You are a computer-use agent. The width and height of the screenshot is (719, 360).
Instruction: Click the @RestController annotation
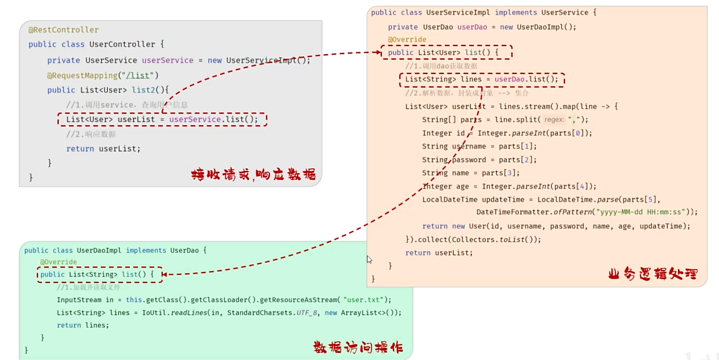point(63,30)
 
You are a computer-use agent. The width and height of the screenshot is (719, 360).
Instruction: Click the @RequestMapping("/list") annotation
point(102,75)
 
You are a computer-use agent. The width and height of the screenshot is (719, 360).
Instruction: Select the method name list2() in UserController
point(150,90)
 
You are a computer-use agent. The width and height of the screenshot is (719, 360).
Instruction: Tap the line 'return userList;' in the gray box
point(103,148)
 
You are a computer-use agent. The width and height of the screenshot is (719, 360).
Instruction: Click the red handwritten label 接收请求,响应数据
point(253,174)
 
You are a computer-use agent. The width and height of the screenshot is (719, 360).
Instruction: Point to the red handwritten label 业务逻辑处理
point(653,274)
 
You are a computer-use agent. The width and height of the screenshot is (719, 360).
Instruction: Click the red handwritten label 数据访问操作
point(358,347)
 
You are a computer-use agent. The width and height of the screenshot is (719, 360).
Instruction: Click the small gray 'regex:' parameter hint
point(554,120)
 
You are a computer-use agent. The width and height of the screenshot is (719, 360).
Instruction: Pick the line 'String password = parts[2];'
point(479,159)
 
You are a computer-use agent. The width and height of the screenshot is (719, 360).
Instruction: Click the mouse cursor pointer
point(369,259)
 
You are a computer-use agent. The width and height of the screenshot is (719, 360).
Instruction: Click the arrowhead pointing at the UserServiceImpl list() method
point(379,52)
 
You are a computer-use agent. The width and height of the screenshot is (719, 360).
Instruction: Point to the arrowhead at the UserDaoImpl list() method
point(164,274)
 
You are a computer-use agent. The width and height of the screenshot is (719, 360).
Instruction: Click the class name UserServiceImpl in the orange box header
point(458,13)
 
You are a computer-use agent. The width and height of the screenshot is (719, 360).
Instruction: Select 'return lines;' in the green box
point(83,325)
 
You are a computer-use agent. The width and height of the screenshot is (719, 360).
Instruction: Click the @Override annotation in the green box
point(58,262)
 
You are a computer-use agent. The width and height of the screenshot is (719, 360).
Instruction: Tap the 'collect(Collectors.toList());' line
point(473,239)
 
